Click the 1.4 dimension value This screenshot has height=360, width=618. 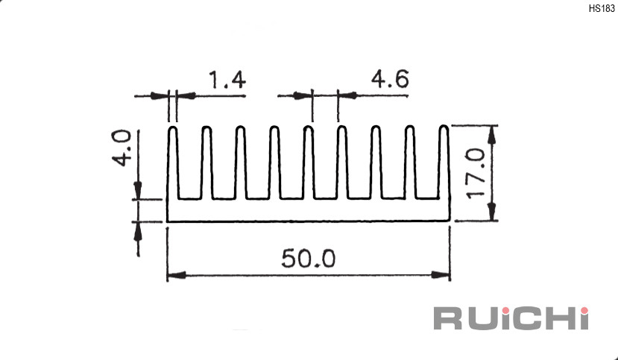(x=227, y=80)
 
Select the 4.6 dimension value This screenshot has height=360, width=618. (x=390, y=79)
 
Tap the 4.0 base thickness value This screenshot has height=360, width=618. (x=122, y=148)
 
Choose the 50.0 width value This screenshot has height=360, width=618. (x=308, y=259)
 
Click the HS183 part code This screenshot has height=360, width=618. (x=602, y=9)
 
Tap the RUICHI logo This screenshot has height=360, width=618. (x=511, y=318)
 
